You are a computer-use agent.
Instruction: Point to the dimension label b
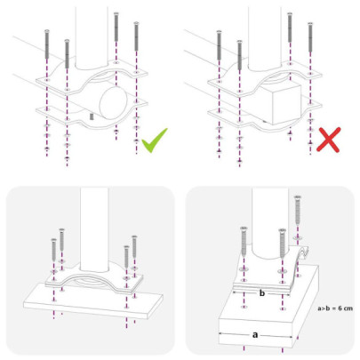pos(262,291)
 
